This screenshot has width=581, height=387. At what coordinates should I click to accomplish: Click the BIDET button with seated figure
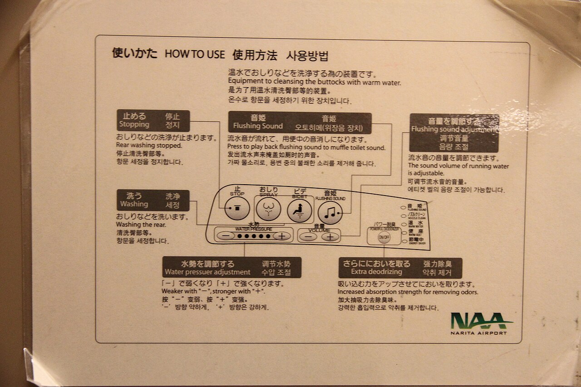click(300, 210)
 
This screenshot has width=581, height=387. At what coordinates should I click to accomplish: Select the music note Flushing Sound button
click(330, 212)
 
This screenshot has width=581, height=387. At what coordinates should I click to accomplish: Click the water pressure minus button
click(226, 236)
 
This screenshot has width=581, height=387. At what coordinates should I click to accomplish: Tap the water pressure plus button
click(282, 236)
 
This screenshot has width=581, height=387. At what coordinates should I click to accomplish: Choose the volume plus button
click(331, 237)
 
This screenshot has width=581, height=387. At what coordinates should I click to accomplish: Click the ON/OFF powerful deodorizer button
click(384, 237)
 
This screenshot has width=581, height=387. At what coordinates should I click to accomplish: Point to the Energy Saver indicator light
click(403, 241)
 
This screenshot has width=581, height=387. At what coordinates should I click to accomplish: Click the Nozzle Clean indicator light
click(403, 215)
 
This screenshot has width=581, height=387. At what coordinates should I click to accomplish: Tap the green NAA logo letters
click(480, 321)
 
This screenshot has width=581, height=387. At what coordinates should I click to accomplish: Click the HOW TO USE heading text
click(195, 54)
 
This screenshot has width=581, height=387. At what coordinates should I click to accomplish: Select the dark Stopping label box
click(153, 121)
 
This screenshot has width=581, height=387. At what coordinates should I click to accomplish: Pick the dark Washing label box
click(153, 201)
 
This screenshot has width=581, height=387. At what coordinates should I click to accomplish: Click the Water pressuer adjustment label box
click(231, 268)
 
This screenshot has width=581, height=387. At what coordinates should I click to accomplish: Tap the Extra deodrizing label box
click(400, 268)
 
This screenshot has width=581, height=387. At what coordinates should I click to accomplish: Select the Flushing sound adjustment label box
click(454, 133)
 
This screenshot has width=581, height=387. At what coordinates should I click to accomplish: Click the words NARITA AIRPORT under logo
click(479, 333)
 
